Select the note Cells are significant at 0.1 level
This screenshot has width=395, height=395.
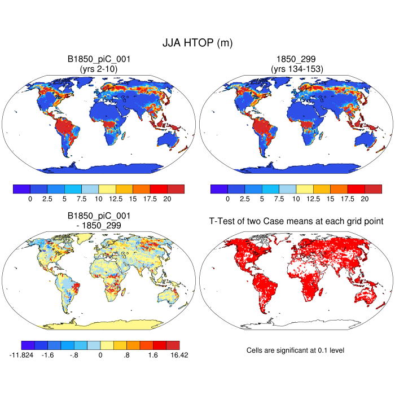click(x=295, y=350)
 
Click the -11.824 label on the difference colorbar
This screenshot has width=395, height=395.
click(x=22, y=355)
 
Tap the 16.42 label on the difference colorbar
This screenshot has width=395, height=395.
click(x=173, y=355)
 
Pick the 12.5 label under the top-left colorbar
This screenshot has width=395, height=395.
click(x=116, y=199)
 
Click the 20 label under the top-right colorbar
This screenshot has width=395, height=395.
click(x=365, y=199)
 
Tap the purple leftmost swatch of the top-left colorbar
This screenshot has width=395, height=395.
click(x=21, y=189)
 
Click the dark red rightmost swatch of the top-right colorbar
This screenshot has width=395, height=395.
click(x=373, y=189)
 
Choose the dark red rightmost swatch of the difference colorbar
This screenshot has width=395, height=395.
click(x=173, y=345)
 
